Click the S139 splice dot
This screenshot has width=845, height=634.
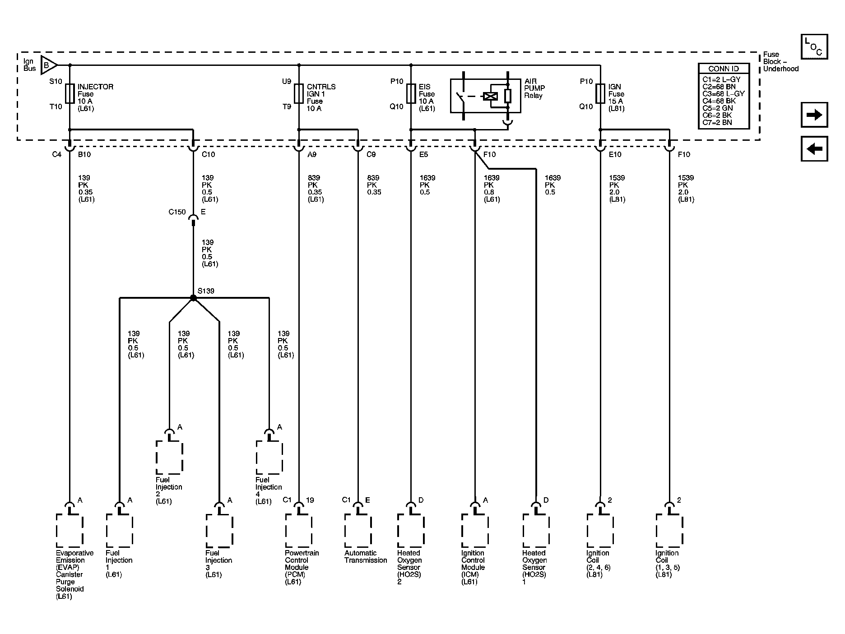pos(193,298)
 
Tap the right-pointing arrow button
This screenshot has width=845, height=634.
pos(814,115)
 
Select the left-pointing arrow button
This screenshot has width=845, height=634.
pos(814,148)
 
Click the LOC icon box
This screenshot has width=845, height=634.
pos(814,46)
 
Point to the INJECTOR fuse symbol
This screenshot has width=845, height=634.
pos(70,93)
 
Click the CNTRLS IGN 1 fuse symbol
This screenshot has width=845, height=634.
pos(299,93)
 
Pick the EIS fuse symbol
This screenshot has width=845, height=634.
pos(411,93)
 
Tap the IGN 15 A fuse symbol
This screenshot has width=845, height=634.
pos(600,93)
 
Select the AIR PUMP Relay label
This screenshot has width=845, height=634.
pos(534,88)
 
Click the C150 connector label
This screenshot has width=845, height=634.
pos(177,212)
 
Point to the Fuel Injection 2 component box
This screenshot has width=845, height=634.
pos(169,458)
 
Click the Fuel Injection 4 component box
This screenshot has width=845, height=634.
pos(269,458)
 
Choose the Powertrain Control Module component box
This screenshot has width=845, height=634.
pos(299,531)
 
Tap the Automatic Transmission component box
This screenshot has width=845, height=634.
pos(358,531)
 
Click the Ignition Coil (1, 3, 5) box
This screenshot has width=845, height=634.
pos(669,531)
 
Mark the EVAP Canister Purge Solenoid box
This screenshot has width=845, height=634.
pos(70,531)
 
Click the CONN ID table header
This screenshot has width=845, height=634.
pos(724,69)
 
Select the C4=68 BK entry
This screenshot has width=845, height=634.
pos(719,101)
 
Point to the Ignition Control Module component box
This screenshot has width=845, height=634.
pos(475,531)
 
